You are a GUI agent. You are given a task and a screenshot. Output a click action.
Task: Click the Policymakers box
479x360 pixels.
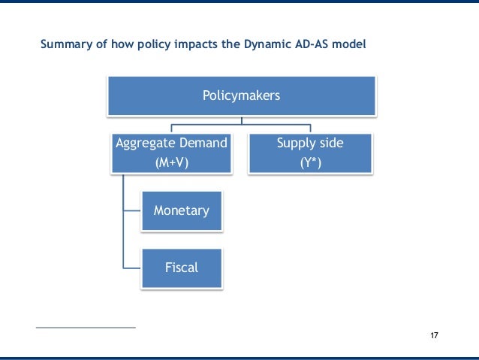coord(242,95)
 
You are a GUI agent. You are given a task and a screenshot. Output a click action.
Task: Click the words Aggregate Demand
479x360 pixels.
coord(170,143)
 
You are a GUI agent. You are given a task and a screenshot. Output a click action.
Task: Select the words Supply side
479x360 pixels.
coord(310,143)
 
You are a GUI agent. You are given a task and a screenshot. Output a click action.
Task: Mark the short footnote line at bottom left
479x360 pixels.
coord(86,328)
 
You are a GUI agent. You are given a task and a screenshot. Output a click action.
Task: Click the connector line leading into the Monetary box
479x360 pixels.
coord(131,210)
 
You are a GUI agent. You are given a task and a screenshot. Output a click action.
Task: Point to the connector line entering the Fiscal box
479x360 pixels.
coord(131,267)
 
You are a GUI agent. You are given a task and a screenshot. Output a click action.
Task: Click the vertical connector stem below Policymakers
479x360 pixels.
coord(242,119)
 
